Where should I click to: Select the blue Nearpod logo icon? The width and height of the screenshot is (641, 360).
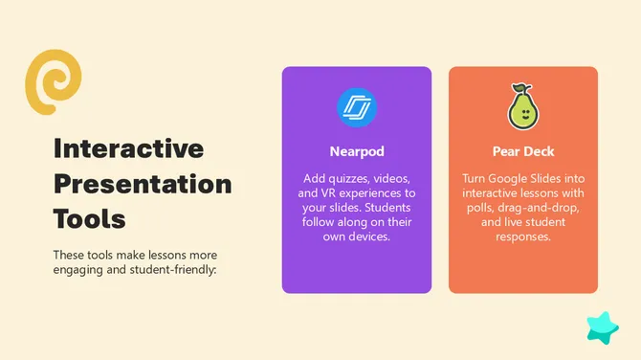[357, 107]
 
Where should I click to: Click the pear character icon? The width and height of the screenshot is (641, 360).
[523, 106]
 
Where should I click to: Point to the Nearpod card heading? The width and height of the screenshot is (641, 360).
[357, 151]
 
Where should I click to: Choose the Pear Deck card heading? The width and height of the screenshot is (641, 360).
[523, 151]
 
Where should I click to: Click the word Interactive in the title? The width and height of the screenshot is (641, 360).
[128, 148]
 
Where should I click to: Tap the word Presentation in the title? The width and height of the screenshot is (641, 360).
[142, 183]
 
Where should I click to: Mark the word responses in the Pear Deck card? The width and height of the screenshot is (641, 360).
[523, 236]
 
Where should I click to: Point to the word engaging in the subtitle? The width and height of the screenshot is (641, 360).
[77, 269]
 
